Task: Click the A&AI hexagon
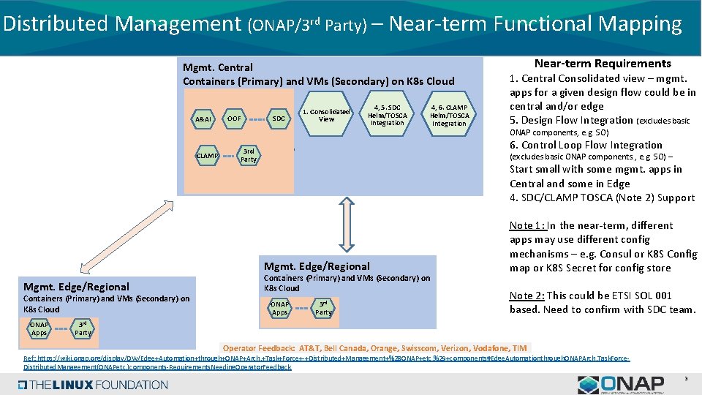pyautogui.click(x=203, y=118)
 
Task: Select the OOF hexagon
pyautogui.click(x=233, y=118)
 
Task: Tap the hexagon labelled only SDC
pyautogui.click(x=279, y=118)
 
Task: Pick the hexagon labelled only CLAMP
pyautogui.click(x=207, y=155)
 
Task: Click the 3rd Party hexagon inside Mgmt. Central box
pyautogui.click(x=249, y=155)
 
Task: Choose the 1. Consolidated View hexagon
pyautogui.click(x=326, y=116)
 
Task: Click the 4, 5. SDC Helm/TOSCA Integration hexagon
pyautogui.click(x=387, y=116)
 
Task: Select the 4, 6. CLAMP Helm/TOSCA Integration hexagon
pyautogui.click(x=449, y=116)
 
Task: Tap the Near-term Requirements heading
pyautogui.click(x=603, y=64)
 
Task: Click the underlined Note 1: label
pyautogui.click(x=526, y=225)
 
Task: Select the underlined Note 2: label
pyautogui.click(x=526, y=296)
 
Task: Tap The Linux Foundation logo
pyautogui.click(x=87, y=384)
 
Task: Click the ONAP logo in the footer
pyautogui.click(x=621, y=384)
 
